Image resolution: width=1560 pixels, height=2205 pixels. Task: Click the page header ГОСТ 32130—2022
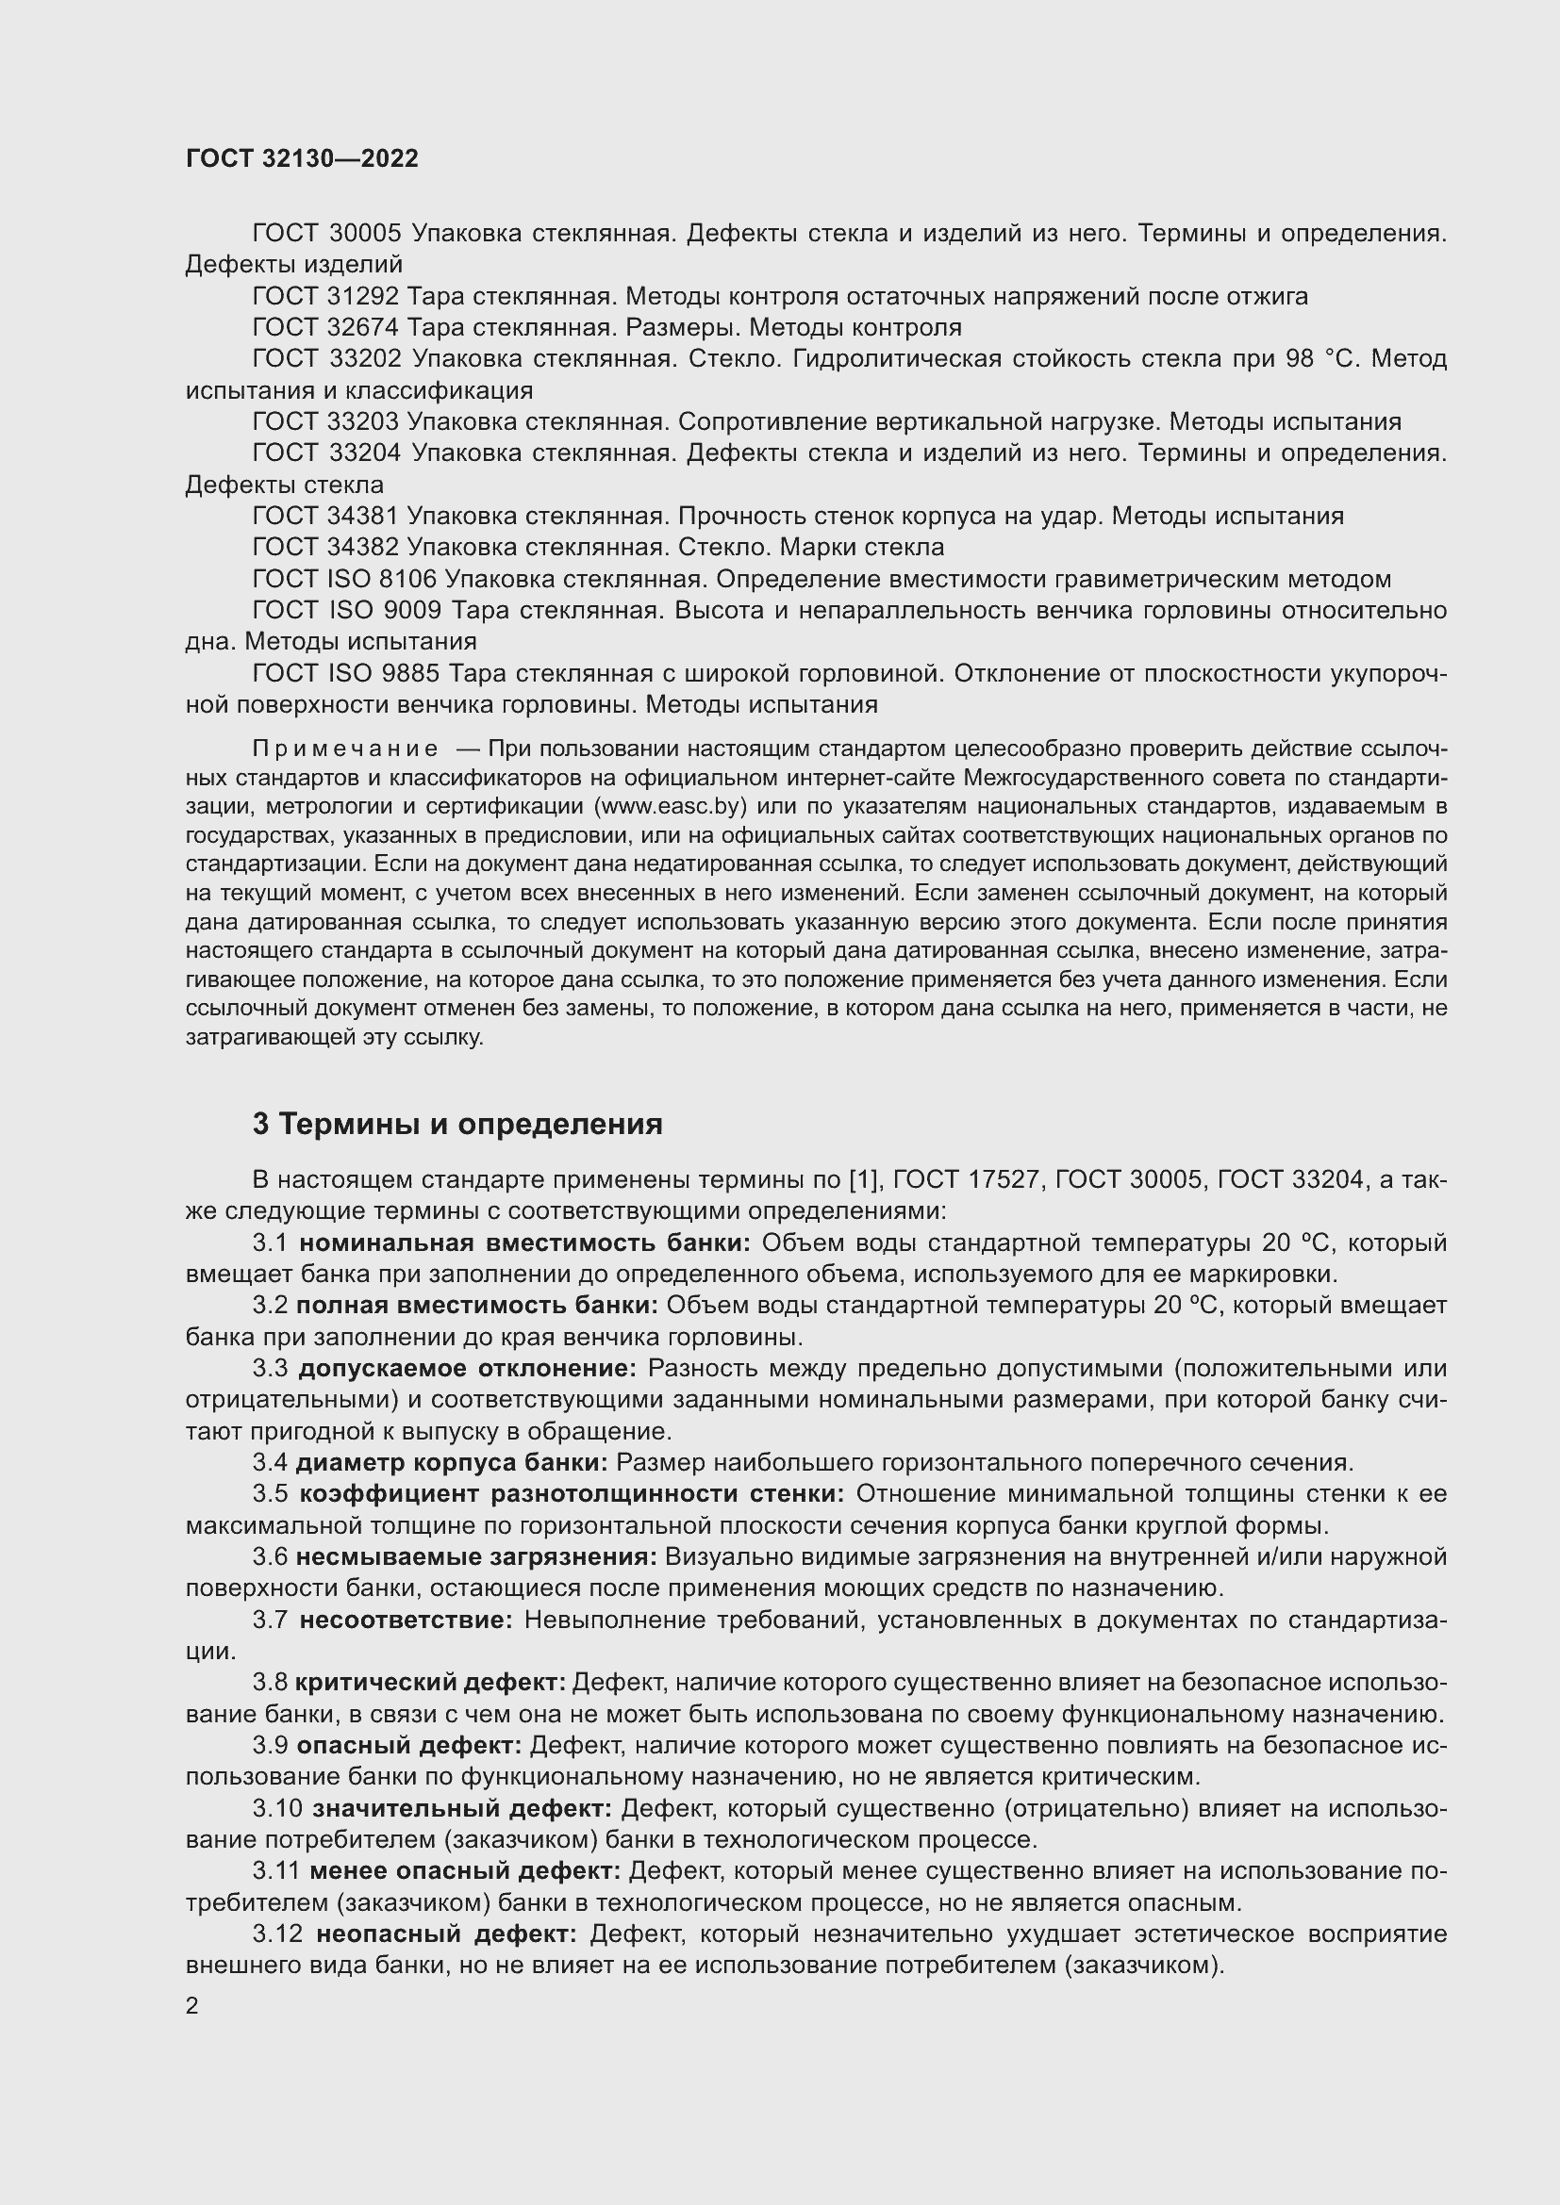pos(302,158)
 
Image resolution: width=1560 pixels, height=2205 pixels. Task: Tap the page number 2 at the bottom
pos(192,2006)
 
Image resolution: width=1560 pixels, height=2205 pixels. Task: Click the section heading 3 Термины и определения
pos(457,1124)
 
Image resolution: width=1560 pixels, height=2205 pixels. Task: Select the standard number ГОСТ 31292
pos(325,296)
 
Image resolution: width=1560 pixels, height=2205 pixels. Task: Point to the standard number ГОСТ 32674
pos(325,327)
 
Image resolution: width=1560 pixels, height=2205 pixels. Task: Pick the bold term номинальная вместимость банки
pos(524,1242)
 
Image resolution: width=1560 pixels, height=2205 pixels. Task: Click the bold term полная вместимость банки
pos(476,1305)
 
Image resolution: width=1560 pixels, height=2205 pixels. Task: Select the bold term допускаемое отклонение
pos(467,1369)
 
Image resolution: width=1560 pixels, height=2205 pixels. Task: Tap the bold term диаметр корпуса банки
pos(452,1463)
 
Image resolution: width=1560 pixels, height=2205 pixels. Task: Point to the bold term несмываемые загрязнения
pos(475,1556)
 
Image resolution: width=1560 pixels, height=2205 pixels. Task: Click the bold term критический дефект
pos(430,1682)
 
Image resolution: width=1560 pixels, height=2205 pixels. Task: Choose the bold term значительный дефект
pos(462,1808)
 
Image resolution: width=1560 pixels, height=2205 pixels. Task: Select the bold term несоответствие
pos(407,1621)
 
